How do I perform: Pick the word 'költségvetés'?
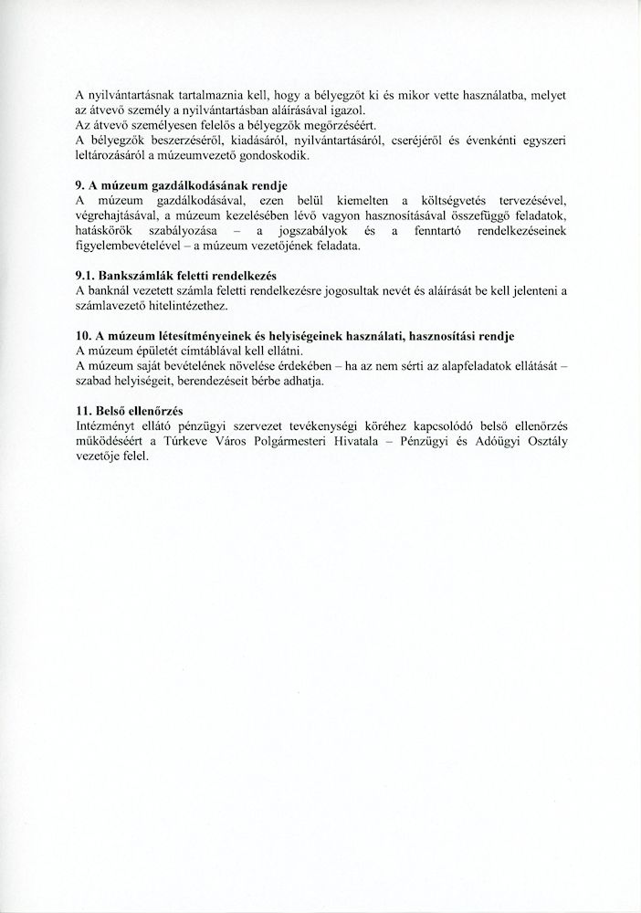click(x=458, y=202)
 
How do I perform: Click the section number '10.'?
click(x=85, y=337)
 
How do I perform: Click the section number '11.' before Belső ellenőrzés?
click(x=85, y=412)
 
